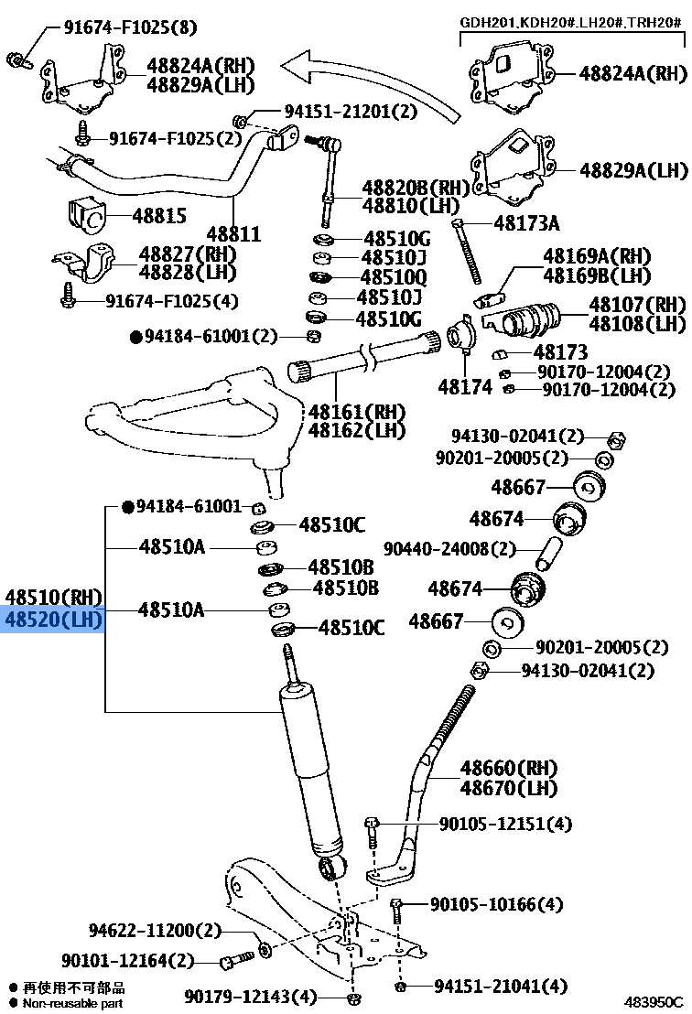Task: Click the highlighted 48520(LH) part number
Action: (x=54, y=620)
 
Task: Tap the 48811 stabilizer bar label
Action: (x=233, y=234)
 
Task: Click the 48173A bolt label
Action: (x=526, y=222)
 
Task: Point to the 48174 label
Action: (x=465, y=387)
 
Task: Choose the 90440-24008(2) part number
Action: (x=449, y=549)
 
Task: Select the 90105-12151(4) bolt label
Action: (x=505, y=825)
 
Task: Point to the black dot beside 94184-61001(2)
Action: (x=136, y=337)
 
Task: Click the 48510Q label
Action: (x=394, y=277)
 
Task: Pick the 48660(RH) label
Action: (x=508, y=768)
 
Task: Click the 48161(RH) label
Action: (x=357, y=412)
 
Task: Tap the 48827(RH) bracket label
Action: (x=188, y=253)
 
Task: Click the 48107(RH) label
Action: (x=637, y=305)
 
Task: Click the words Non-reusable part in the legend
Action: (x=73, y=1003)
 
